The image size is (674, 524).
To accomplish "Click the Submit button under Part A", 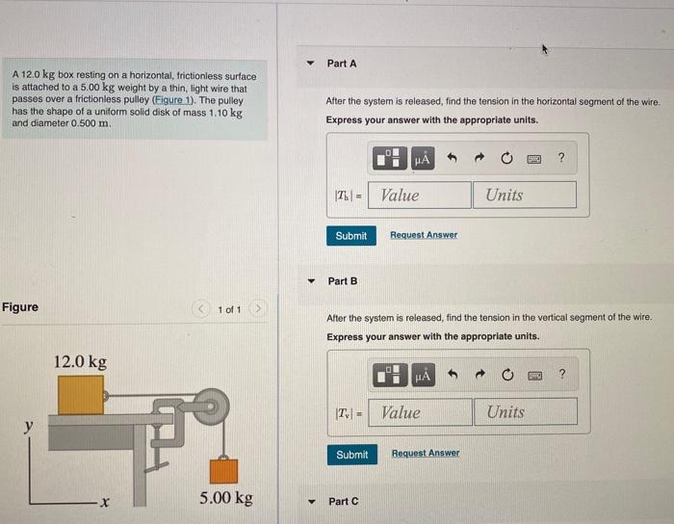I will point(350,236).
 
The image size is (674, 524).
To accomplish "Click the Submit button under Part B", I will point(351,454).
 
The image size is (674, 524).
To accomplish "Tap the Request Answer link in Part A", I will point(424,235).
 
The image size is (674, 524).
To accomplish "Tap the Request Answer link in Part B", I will point(426,453).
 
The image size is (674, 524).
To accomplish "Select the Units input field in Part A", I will point(524,196).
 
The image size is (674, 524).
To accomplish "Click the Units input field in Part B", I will point(525,412).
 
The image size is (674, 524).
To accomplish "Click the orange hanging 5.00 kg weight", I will point(224,470).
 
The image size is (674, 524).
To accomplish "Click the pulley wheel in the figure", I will point(209,403).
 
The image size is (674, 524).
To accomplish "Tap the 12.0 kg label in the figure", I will point(80,362).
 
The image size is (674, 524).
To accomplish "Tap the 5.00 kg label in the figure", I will point(226,498).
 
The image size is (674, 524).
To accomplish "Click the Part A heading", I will point(342,64).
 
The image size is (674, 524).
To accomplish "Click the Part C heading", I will point(343,502).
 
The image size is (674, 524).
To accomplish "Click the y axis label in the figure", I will point(29,425).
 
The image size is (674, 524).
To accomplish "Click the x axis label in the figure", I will point(106,502).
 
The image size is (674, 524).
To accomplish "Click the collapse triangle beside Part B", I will point(310,281).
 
